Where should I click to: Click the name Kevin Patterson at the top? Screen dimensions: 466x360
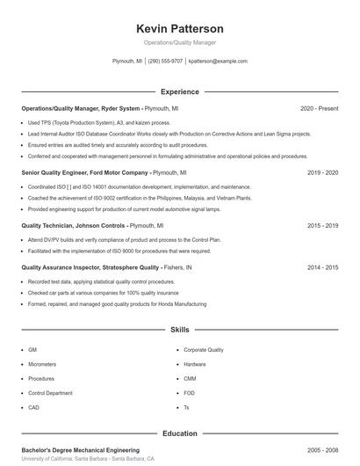click(180, 28)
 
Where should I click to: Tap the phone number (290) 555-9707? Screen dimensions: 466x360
click(165, 62)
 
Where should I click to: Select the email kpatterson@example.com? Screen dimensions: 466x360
click(219, 62)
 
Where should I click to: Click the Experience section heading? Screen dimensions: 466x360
click(180, 91)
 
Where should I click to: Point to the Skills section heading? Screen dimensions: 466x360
click(180, 330)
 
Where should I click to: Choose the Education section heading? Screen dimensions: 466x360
click(180, 433)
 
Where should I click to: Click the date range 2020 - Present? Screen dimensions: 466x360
click(319, 108)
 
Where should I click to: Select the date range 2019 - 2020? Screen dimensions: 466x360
click(322, 173)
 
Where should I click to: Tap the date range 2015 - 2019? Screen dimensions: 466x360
click(322, 225)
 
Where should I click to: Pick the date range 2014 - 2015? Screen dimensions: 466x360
click(322, 267)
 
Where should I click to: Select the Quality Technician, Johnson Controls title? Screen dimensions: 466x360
click(74, 225)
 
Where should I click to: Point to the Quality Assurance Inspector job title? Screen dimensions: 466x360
click(90, 267)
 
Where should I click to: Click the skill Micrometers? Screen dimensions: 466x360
click(42, 364)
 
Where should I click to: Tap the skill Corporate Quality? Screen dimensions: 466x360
click(204, 349)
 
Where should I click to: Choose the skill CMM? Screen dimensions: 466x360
click(190, 378)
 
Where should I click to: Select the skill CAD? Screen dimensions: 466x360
click(33, 408)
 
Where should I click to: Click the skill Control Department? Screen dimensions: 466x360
click(50, 393)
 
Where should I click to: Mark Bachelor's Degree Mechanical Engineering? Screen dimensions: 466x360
click(80, 449)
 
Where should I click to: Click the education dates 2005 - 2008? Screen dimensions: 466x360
click(322, 449)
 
